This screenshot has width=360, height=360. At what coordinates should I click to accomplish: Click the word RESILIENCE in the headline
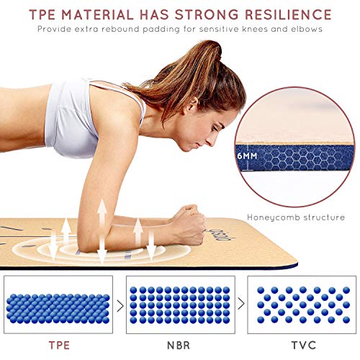(x=288, y=14)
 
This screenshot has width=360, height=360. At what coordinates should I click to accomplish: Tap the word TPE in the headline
(x=42, y=14)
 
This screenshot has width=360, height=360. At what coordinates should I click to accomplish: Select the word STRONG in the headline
(x=207, y=14)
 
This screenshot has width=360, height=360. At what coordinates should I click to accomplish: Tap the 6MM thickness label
(x=247, y=156)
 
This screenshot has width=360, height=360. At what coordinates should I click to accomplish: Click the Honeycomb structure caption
(x=296, y=217)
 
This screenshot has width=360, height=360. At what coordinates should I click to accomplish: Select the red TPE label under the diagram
(x=59, y=346)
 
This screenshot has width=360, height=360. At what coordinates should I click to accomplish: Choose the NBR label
(x=179, y=346)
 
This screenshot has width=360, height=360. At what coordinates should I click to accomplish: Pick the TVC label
(x=304, y=346)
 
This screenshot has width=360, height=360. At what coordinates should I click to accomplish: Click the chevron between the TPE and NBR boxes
(x=120, y=306)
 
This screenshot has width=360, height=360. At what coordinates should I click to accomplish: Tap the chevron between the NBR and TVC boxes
(x=241, y=305)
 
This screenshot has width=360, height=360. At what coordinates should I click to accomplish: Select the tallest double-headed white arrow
(x=102, y=231)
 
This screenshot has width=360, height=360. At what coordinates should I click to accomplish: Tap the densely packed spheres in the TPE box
(x=58, y=308)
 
